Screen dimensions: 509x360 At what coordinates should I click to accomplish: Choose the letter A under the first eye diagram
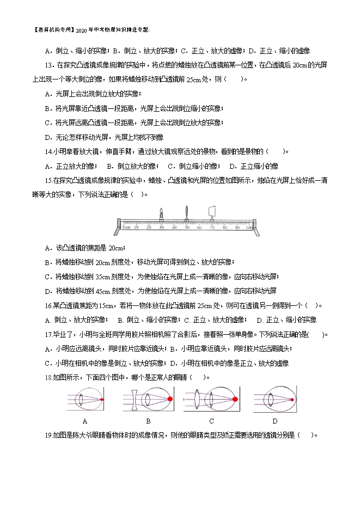pyautogui.click(x=85, y=421)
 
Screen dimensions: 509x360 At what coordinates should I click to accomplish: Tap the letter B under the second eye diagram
pyautogui.click(x=148, y=421)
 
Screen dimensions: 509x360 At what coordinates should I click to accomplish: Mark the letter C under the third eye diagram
pyautogui.click(x=211, y=421)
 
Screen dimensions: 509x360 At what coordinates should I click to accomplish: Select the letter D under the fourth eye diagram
pyautogui.click(x=275, y=421)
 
